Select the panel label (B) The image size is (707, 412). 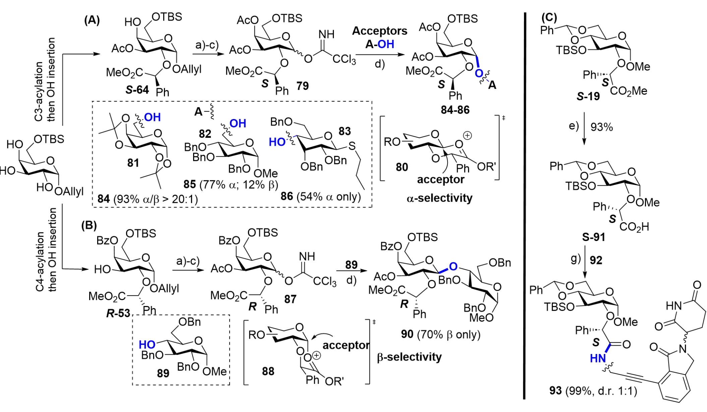tap(89, 225)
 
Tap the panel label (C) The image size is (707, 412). tap(549, 17)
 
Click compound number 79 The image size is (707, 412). tap(302, 86)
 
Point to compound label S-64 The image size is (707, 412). tap(137, 90)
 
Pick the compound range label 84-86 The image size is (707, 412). tap(455, 110)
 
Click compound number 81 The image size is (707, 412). tap(133, 163)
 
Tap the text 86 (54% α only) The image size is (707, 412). tap(320, 196)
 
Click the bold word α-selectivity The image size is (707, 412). tap(439, 198)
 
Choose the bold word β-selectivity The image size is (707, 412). tap(409, 357)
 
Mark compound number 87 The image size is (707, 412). tap(290, 299)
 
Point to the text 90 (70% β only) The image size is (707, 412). tap(440, 334)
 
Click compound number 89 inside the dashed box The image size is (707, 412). tap(163, 373)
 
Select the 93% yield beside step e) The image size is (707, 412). tap(602, 127)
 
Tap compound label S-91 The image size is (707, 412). tap(593, 237)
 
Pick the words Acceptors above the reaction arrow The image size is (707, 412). tap(379, 31)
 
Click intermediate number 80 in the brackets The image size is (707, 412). tap(402, 167)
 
